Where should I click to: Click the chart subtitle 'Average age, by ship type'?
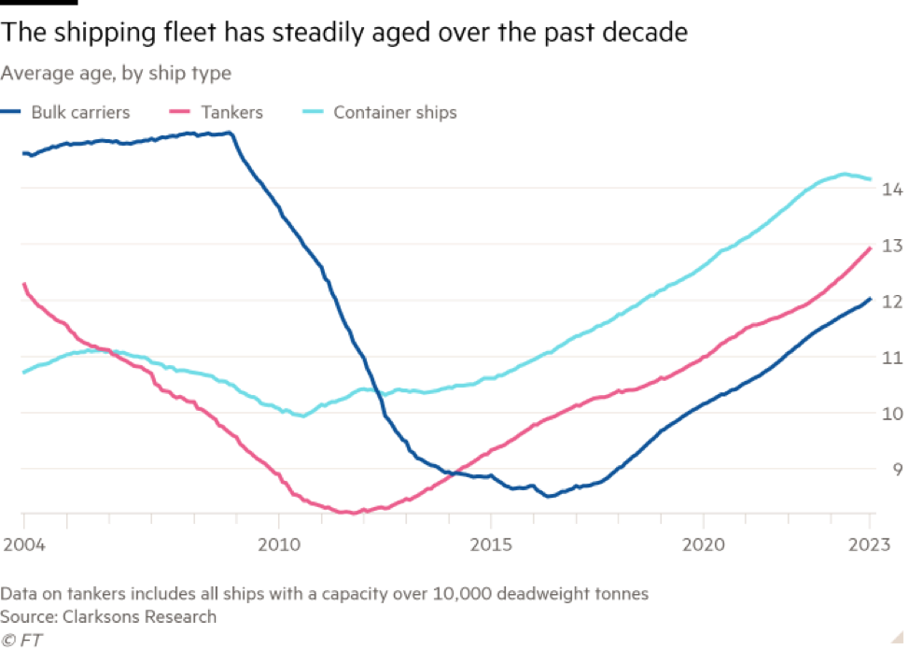tap(116, 72)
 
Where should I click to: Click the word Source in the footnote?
tap(25, 616)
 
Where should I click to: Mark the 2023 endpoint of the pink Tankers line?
tap(871, 247)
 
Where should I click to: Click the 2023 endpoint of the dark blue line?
tap(871, 299)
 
